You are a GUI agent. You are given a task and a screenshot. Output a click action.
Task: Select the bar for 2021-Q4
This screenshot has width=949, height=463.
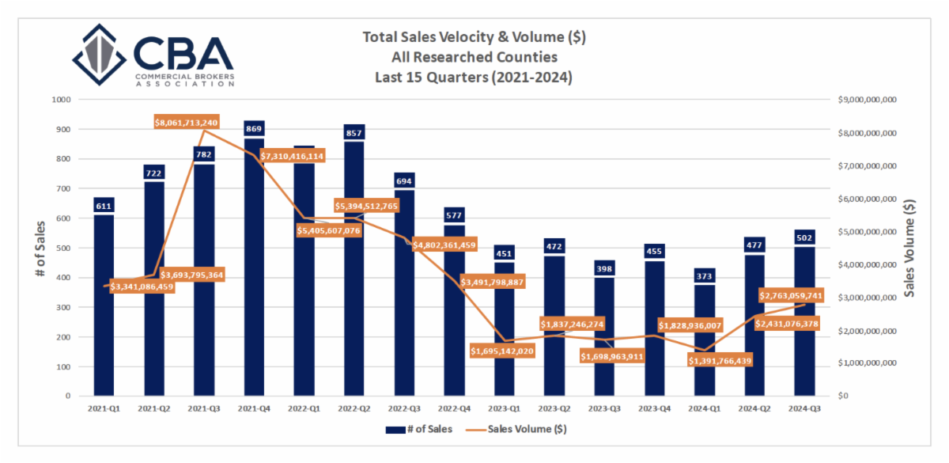point(255,269)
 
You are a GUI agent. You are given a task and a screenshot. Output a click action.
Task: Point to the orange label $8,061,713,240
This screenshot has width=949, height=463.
point(187,123)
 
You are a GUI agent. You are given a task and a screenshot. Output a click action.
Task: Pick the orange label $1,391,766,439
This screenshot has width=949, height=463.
point(720,360)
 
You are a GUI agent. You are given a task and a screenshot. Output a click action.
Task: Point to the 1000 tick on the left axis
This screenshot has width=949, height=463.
point(61,100)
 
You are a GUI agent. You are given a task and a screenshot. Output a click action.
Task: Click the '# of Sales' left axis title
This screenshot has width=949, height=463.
point(40,248)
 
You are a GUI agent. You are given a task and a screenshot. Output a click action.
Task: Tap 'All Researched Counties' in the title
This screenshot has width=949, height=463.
point(474,57)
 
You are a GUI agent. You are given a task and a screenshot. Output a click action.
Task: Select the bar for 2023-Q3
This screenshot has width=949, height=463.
point(604,340)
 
